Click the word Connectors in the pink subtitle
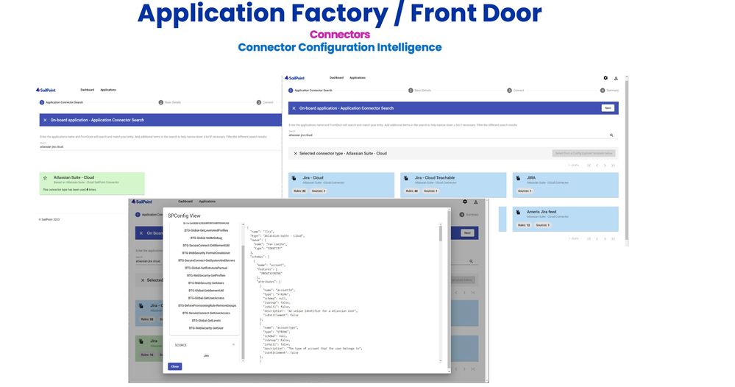[339, 34]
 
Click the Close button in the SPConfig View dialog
[174, 366]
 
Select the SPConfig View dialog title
[184, 216]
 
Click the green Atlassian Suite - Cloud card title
[74, 177]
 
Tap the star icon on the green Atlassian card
[45, 178]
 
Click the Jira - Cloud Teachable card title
[434, 177]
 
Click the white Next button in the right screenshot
[608, 107]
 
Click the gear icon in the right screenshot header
[606, 77]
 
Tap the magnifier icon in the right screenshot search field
[611, 135]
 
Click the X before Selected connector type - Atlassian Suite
[296, 153]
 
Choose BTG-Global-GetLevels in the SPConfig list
[205, 320]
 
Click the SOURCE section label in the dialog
[181, 344]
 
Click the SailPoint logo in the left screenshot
[46, 90]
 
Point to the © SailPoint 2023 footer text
[50, 219]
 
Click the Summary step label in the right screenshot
[612, 90]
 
